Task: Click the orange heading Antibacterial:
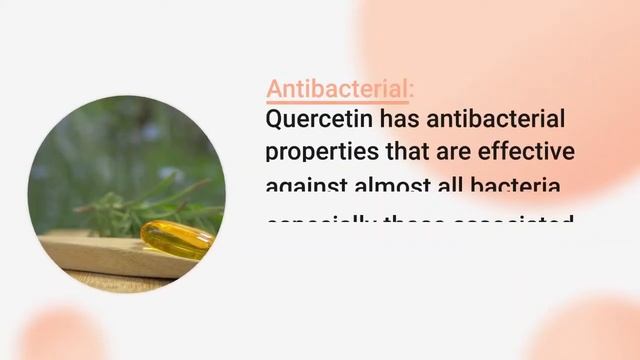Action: click(338, 89)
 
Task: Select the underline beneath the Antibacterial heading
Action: click(338, 102)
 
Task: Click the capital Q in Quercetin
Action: click(275, 120)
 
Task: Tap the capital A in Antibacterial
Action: click(275, 89)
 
